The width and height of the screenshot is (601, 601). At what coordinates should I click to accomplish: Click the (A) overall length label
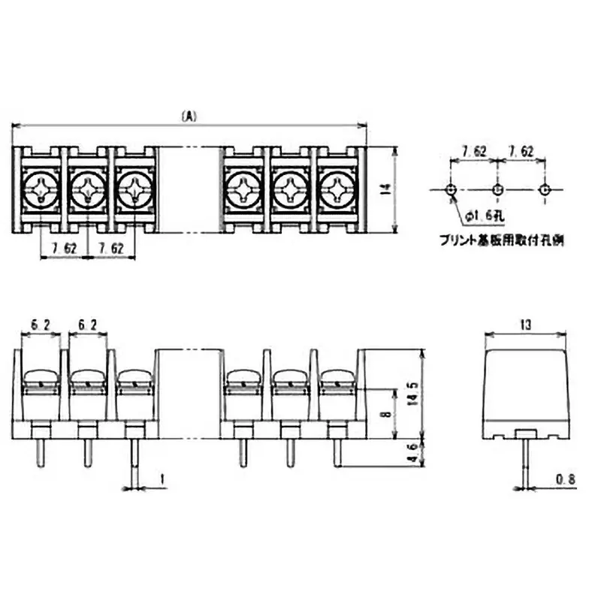189,116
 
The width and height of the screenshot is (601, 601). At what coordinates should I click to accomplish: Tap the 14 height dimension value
385,190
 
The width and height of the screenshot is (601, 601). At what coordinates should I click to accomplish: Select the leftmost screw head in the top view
41,188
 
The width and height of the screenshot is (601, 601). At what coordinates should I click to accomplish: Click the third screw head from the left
135,188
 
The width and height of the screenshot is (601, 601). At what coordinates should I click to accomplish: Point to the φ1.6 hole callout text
479,216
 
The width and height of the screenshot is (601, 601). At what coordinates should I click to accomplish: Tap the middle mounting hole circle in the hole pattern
497,189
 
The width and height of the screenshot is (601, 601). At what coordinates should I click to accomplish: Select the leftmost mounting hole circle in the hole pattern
449,189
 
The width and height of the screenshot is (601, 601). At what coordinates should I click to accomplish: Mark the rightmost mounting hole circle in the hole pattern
545,189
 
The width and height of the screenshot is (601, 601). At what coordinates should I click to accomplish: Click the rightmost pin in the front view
337,452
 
